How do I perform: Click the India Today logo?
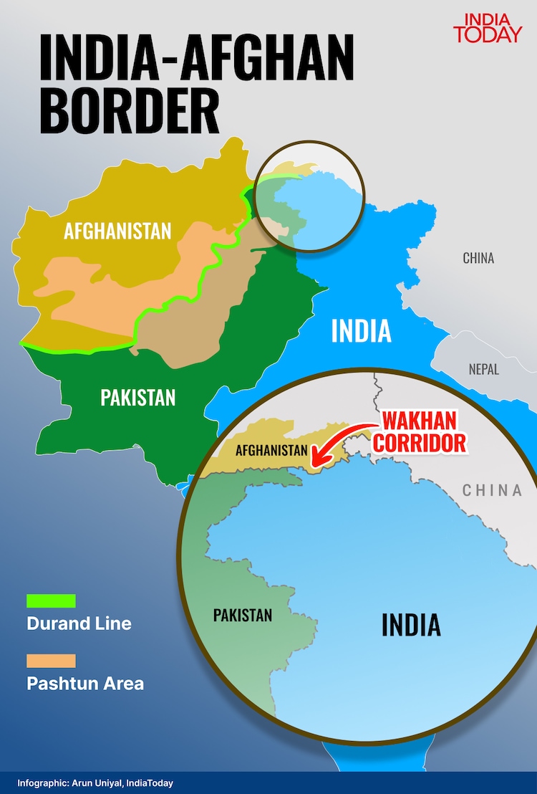click(488, 27)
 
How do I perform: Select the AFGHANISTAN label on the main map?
click(117, 231)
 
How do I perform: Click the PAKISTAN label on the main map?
click(137, 397)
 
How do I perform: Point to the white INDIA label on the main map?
click(361, 331)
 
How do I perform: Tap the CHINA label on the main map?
click(478, 258)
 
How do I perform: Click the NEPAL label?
click(484, 370)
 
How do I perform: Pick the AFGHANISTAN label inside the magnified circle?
click(271, 451)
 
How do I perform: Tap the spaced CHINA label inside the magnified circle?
click(492, 490)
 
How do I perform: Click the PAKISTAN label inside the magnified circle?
click(243, 615)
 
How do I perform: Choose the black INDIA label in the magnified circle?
click(411, 624)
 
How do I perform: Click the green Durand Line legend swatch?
click(51, 601)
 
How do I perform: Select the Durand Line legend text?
click(79, 623)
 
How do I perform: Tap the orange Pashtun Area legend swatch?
click(51, 660)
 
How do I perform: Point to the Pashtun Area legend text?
click(85, 683)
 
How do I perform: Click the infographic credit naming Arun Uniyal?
click(95, 783)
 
